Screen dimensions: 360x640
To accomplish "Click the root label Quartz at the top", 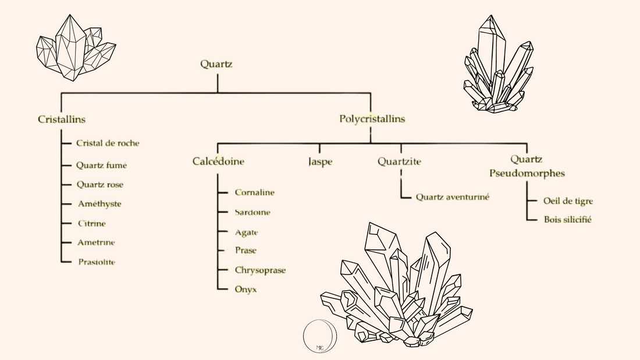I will click(x=216, y=65).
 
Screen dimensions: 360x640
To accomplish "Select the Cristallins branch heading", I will click(x=62, y=119).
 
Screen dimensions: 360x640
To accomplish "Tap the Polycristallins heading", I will click(x=372, y=119).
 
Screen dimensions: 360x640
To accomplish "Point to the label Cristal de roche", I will click(x=108, y=143).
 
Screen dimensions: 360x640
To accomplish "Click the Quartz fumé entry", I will click(x=101, y=165).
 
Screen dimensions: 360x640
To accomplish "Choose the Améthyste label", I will click(x=99, y=204).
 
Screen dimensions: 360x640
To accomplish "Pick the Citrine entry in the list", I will click(x=92, y=223).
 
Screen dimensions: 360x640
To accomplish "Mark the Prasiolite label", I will click(x=97, y=262).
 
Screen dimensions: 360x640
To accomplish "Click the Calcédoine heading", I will click(x=218, y=161).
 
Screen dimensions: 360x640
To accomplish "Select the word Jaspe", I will click(x=320, y=162).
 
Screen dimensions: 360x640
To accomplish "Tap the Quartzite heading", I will click(x=399, y=161).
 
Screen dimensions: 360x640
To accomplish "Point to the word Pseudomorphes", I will click(x=527, y=173).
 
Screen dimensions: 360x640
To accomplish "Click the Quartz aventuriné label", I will click(x=452, y=197).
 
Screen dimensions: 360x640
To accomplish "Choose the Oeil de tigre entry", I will click(x=568, y=201).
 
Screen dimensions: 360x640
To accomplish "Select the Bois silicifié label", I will click(x=567, y=219).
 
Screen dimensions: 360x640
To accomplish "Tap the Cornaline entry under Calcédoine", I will click(x=254, y=193).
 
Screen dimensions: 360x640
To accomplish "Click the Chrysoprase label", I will click(x=260, y=270).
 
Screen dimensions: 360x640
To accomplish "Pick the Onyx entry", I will click(x=246, y=288).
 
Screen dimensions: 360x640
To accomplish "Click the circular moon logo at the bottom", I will click(x=319, y=336).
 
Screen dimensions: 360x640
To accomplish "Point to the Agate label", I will click(x=246, y=232).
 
